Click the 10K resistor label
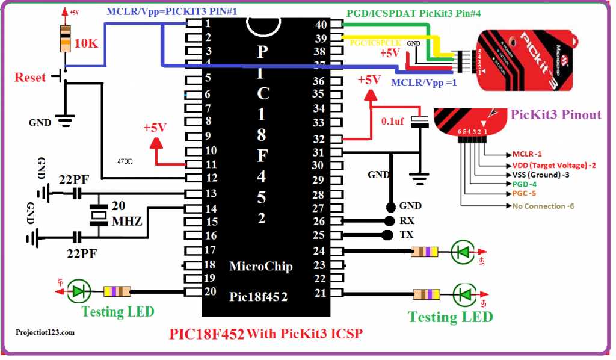click(88, 43)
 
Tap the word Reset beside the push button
click(29, 78)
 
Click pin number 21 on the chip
click(319, 293)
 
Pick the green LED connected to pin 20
click(78, 291)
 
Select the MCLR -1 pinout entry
click(527, 154)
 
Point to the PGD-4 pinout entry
click(525, 184)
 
